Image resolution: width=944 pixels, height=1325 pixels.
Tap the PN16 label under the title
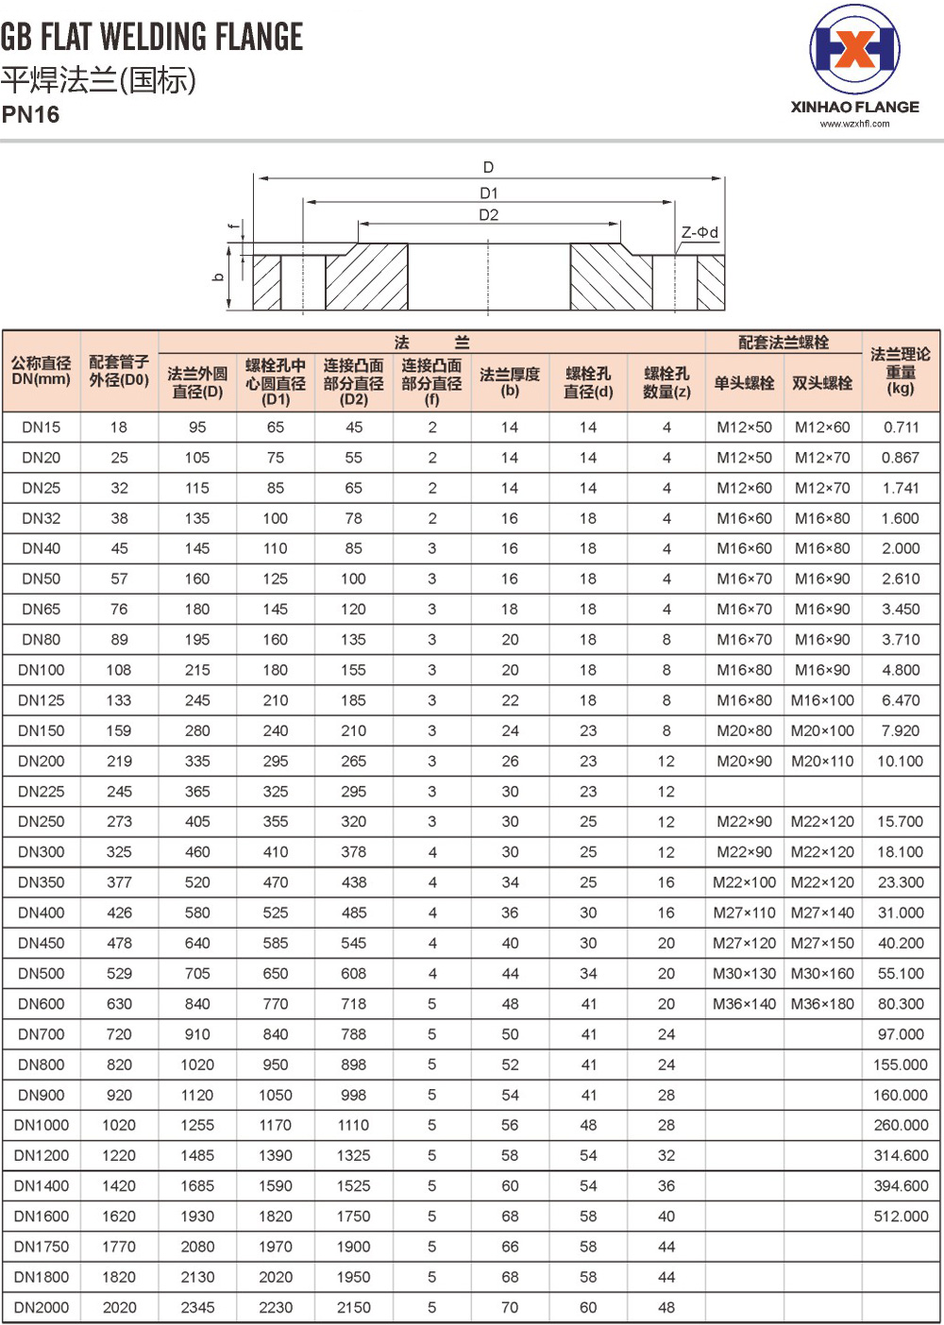[x=30, y=115]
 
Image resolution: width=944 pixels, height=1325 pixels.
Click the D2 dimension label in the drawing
[x=488, y=215]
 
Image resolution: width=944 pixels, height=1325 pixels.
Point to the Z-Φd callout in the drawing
[x=700, y=232]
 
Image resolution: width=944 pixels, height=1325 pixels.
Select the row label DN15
[x=41, y=427]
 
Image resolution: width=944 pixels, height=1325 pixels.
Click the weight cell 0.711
[x=901, y=427]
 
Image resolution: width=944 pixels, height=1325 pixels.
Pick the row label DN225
[x=41, y=791]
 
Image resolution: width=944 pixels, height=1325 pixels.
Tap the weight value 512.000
[x=901, y=1216]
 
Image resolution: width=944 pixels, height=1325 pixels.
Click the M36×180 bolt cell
[x=822, y=1004]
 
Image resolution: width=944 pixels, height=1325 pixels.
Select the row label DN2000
[x=41, y=1307]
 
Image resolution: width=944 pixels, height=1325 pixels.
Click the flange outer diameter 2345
[x=197, y=1307]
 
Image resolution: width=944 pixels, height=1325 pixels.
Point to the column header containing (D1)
[x=276, y=382]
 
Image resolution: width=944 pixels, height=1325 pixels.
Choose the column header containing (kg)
[x=901, y=371]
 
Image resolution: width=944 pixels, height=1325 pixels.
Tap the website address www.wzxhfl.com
[x=854, y=124]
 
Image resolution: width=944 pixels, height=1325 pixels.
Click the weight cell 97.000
[x=901, y=1034]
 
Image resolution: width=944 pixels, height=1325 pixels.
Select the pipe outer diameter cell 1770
[x=119, y=1247]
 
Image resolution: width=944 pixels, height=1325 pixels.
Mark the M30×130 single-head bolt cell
[x=744, y=974]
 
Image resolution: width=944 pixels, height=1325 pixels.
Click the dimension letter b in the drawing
[x=219, y=277]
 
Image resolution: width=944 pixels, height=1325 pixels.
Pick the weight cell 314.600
[x=901, y=1155]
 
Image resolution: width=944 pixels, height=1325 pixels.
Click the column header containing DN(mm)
[x=41, y=371]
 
